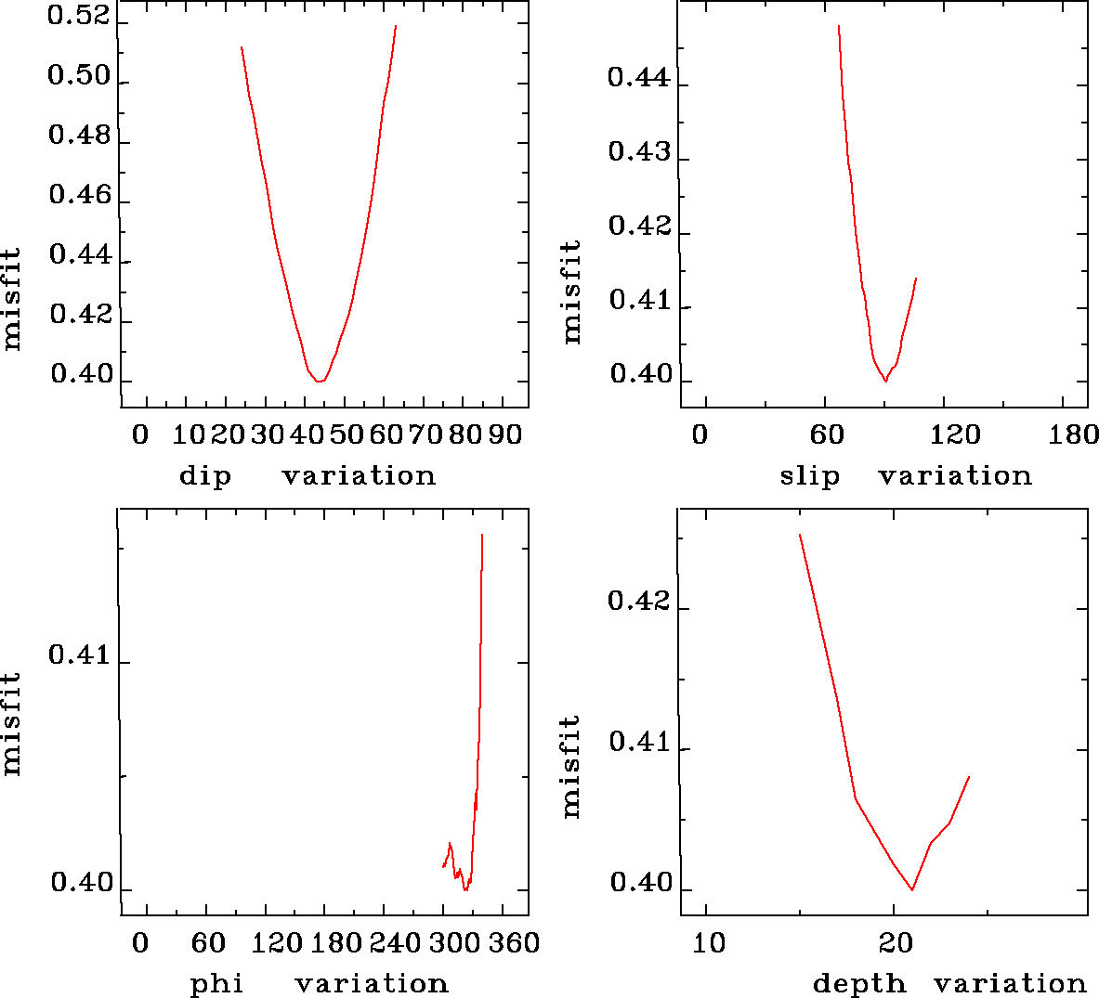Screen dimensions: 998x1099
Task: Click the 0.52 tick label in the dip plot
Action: coord(79,17)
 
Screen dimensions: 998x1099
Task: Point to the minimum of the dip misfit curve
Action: coord(319,381)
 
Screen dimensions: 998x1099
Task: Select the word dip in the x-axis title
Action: coord(204,477)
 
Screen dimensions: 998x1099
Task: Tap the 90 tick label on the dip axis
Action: coord(505,434)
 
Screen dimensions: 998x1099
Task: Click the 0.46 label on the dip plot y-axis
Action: coord(79,196)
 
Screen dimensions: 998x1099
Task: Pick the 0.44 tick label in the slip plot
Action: coord(639,77)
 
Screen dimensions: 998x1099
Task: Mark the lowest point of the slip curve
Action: coord(885,381)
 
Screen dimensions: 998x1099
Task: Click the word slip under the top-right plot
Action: coord(809,477)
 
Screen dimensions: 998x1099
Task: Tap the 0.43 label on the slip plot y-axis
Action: coord(639,152)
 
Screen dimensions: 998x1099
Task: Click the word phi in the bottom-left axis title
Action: coord(216,984)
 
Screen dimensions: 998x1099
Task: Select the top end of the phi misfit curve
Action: coord(482,535)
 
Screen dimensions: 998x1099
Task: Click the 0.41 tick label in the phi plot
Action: coord(79,655)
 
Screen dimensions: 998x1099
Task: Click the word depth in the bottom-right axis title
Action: coord(859,984)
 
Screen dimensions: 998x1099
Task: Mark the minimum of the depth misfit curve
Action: coord(912,889)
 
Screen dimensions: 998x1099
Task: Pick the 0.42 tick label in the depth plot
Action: coord(639,602)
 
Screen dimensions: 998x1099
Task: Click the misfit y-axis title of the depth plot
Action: coord(571,766)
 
